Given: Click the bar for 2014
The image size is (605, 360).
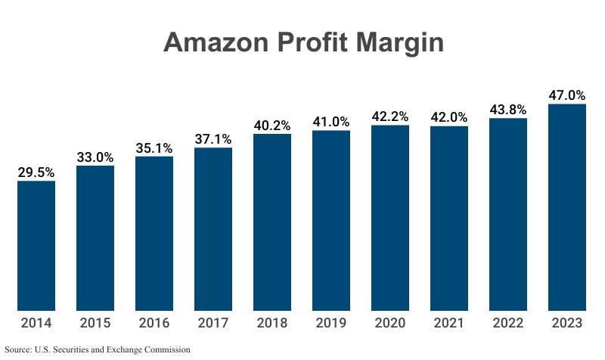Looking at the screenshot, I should [36, 246].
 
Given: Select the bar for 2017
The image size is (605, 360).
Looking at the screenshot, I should [213, 229].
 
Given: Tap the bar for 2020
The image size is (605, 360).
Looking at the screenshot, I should [390, 218].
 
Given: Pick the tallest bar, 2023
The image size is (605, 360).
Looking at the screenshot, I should [567, 207].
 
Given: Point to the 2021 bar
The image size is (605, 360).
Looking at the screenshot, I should [449, 219].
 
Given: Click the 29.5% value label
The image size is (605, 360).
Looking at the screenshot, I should [36, 172].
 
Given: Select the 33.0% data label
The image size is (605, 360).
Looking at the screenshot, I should [95, 157].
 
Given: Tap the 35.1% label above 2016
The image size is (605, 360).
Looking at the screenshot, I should [154, 148].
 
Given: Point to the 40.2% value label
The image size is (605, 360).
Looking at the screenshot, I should [272, 126].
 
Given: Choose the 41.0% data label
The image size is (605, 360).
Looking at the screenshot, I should [331, 122].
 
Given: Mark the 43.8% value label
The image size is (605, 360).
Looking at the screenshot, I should [508, 110].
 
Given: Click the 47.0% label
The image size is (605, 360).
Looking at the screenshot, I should [567, 95].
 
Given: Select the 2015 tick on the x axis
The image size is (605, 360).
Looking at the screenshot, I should [95, 323].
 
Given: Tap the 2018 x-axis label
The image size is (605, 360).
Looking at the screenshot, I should [272, 323].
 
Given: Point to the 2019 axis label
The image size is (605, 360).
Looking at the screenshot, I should [331, 323].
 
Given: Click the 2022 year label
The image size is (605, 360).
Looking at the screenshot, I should [508, 323].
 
